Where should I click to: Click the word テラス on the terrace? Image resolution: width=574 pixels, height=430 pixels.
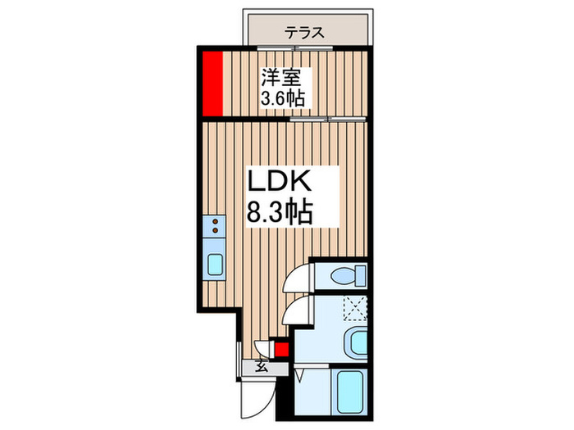click(x=305, y=33)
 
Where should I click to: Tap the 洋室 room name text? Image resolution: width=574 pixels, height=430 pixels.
click(x=284, y=79)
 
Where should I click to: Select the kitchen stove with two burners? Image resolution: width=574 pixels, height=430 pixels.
click(x=214, y=225)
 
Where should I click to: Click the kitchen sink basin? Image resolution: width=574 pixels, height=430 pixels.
click(x=215, y=264)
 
